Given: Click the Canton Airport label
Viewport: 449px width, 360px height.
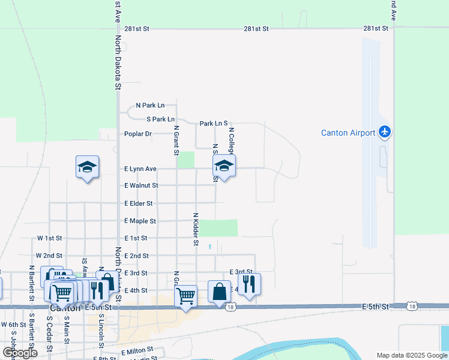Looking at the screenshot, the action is pos(348,133).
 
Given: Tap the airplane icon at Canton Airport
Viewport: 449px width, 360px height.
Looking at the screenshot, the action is pos(385,132).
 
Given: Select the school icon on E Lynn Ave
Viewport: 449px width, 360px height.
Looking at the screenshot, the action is pos(224,166).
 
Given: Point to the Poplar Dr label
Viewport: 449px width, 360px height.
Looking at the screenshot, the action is pos(138,134).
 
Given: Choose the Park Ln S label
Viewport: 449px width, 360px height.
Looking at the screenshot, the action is pos(213,124).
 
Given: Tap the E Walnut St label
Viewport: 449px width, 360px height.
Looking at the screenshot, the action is pos(141,186).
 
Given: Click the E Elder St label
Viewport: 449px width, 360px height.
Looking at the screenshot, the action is pos(139,204).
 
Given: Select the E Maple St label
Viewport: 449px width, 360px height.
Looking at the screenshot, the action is pos(140,221).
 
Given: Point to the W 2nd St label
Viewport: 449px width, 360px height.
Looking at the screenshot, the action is pos(49,256).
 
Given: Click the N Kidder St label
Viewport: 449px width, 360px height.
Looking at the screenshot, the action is pos(196,229).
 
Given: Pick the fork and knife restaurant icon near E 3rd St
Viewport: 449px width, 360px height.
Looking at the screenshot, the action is pos(249,284).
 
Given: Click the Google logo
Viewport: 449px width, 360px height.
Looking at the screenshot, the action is pos(20,353).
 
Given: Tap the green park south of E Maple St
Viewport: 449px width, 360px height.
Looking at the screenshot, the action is pos(218,228).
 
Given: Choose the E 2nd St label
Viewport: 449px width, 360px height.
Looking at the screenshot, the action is pos(136,256).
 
